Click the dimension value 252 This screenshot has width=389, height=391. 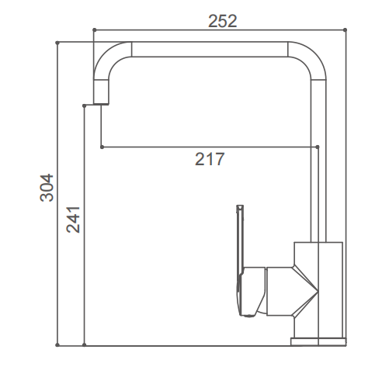pyautogui.click(x=222, y=21)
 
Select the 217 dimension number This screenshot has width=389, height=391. pyautogui.click(x=210, y=160)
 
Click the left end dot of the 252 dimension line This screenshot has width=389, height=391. pyautogui.click(x=94, y=31)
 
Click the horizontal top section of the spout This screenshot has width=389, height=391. pyautogui.click(x=210, y=49)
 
